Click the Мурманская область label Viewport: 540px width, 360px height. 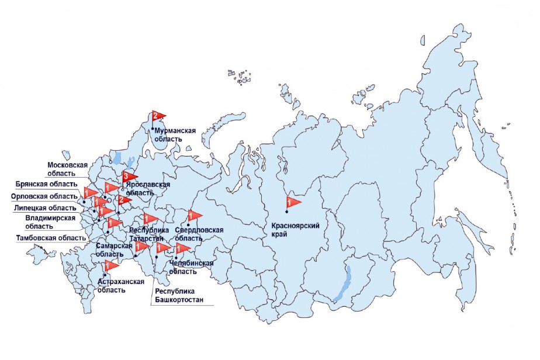[x=175, y=136]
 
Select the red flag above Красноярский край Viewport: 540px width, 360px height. [x=292, y=203]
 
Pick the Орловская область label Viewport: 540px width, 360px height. [x=44, y=196]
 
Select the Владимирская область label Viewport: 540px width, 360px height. [x=51, y=222]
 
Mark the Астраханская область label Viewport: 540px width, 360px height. [x=120, y=286]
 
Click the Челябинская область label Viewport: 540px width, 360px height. [x=191, y=267]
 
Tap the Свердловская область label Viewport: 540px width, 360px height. [x=199, y=234]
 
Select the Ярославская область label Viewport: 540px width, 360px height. [x=148, y=188]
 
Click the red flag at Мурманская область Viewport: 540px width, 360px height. [x=158, y=116]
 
